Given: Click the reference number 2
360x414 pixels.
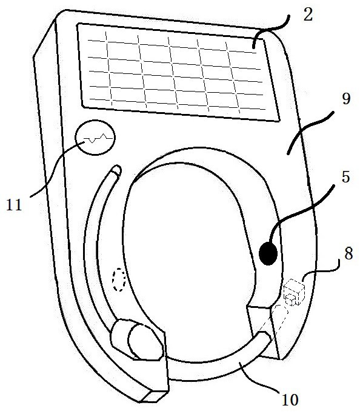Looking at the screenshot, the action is pyautogui.click(x=308, y=15).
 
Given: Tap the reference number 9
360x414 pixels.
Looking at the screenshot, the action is pyautogui.click(x=346, y=99).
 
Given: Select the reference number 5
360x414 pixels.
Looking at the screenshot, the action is pyautogui.click(x=345, y=176).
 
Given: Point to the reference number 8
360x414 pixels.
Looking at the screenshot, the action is pyautogui.click(x=348, y=253).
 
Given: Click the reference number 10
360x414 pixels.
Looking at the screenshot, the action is pyautogui.click(x=290, y=399).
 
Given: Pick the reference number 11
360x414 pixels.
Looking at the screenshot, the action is pyautogui.click(x=14, y=204).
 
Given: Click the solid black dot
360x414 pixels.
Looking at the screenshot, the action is pyautogui.click(x=268, y=253).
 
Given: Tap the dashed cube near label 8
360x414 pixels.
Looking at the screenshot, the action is pyautogui.click(x=294, y=292).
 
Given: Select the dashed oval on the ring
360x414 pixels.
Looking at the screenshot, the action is pyautogui.click(x=119, y=279).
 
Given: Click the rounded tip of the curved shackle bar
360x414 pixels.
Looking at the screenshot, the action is pyautogui.click(x=116, y=170).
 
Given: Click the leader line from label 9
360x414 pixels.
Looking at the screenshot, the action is pyautogui.click(x=310, y=132).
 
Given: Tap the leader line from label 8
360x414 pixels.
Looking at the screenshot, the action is pyautogui.click(x=321, y=270).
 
